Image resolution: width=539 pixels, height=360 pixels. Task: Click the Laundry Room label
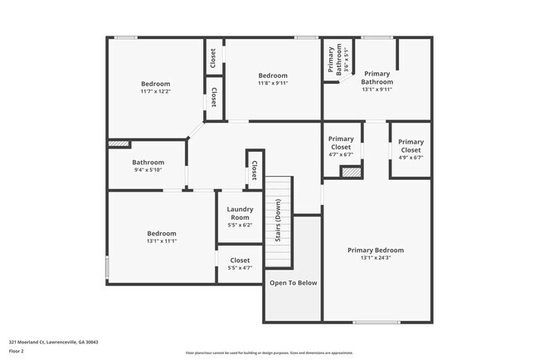pyautogui.click(x=239, y=214)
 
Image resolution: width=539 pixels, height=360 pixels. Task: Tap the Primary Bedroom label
pyautogui.click(x=376, y=250)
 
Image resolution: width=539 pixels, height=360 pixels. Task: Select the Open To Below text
pyautogui.click(x=292, y=283)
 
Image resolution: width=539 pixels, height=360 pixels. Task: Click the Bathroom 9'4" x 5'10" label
pyautogui.click(x=148, y=163)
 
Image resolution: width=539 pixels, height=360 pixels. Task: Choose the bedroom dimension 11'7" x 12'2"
pyautogui.click(x=155, y=92)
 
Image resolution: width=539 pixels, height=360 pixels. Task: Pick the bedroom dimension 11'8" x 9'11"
pyautogui.click(x=273, y=83)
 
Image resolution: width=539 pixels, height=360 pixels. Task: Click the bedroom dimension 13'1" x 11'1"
pyautogui.click(x=162, y=242)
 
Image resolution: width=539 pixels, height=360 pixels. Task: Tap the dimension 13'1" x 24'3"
pyautogui.click(x=376, y=258)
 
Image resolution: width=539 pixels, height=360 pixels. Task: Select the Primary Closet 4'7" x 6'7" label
pyautogui.click(x=341, y=143)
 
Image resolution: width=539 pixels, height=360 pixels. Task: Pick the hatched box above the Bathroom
pyautogui.click(x=119, y=144)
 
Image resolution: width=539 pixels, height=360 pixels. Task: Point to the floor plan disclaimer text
pyautogui.click(x=269, y=352)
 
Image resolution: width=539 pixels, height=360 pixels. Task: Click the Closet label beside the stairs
pyautogui.click(x=254, y=169)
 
